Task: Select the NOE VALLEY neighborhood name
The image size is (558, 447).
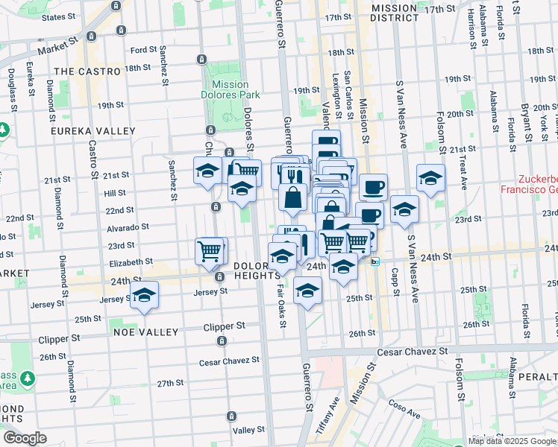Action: pos(145,332)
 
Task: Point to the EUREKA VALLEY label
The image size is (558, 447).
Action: pos(93,130)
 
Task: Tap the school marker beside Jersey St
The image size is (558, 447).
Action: pos(145,295)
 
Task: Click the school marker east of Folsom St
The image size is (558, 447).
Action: pos(430,177)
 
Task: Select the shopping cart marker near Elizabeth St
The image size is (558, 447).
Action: pos(211,250)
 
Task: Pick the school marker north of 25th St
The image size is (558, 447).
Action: pos(307,291)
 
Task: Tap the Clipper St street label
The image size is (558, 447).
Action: pos(225,326)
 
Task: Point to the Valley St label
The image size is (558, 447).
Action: pos(249,430)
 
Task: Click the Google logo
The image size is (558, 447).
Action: pos(24,437)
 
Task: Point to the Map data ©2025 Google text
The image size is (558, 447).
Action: pos(512,441)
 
